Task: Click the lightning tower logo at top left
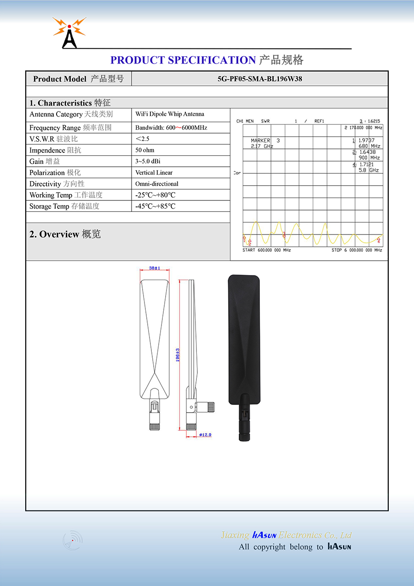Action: [69, 33]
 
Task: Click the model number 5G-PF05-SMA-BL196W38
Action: [260, 79]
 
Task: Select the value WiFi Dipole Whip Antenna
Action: [170, 114]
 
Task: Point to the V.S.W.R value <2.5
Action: [143, 139]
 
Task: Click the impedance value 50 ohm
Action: [145, 150]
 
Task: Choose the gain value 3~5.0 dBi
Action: [148, 161]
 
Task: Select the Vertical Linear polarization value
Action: [154, 173]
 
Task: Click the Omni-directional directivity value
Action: [157, 184]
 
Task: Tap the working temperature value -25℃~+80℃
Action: [155, 195]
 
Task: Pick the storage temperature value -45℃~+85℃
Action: [155, 206]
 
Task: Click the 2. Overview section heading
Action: [65, 234]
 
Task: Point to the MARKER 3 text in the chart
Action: [265, 141]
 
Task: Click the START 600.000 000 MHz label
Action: [267, 250]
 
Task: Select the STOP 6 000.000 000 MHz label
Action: [357, 250]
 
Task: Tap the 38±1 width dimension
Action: [155, 268]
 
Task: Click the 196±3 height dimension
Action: [178, 355]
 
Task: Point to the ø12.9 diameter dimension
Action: [205, 435]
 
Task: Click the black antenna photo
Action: [244, 350]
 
